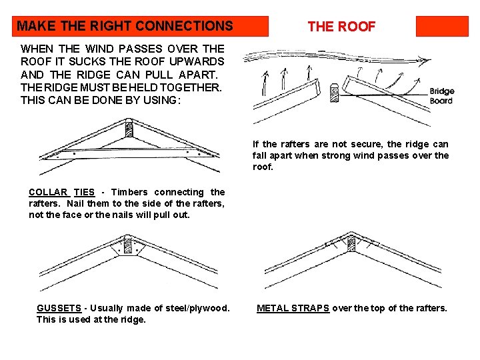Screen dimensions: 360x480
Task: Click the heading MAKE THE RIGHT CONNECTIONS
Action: click(x=125, y=27)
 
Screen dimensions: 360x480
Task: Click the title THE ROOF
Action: click(x=341, y=27)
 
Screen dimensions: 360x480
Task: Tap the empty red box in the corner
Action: click(x=442, y=26)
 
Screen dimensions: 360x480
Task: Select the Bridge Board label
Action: click(x=441, y=96)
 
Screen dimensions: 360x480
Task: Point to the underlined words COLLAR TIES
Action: click(x=62, y=192)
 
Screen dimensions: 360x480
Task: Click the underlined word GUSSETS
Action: click(x=59, y=308)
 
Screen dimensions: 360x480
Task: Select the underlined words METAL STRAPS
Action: click(x=293, y=308)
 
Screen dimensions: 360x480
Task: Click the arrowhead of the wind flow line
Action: click(x=423, y=59)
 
